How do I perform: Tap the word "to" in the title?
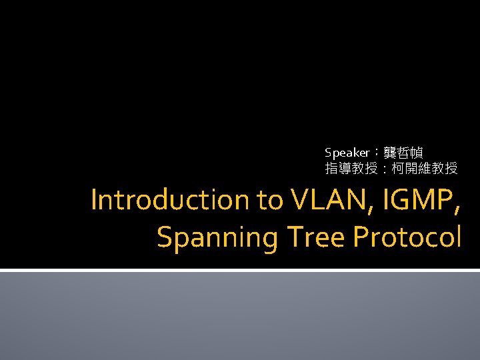coord(270,200)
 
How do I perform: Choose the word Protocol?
coord(407,237)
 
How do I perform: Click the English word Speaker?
coord(347,153)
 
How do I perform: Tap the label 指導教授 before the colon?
coord(351,169)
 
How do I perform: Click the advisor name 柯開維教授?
coord(425,169)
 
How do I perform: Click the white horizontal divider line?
coord(240,270)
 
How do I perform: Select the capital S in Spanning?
coord(164,237)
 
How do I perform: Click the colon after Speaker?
coord(377,153)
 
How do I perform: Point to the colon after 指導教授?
coord(384,169)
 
